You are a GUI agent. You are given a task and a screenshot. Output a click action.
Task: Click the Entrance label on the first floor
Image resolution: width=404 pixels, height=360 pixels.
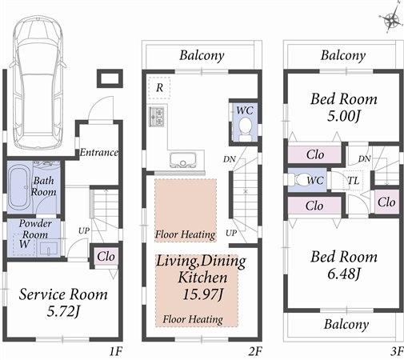(x=98, y=152)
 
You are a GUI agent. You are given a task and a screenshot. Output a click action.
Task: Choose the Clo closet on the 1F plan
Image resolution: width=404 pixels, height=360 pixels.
(x=105, y=256)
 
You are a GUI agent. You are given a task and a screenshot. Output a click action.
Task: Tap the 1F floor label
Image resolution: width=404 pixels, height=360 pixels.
(x=116, y=350)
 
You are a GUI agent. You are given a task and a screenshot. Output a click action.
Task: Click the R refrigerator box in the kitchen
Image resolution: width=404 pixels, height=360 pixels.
(x=160, y=86)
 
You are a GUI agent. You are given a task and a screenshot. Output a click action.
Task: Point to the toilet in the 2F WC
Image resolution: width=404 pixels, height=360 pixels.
(x=244, y=131)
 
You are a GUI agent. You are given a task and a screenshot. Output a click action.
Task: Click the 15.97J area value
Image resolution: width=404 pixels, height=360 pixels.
(x=196, y=295)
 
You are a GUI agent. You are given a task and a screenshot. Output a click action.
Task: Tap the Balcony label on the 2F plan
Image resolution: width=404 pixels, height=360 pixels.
(x=201, y=56)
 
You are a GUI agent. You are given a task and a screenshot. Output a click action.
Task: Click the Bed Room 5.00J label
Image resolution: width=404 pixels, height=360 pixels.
(x=342, y=106)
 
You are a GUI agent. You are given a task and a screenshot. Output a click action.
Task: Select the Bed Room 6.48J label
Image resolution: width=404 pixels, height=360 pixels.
(x=342, y=265)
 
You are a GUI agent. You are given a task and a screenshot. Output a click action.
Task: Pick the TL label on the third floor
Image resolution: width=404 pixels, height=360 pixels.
(x=352, y=181)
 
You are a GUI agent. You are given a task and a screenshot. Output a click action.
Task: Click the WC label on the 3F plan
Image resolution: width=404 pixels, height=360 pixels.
(x=314, y=181)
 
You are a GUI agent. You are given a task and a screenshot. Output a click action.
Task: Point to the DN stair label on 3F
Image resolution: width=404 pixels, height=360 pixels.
(x=364, y=159)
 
